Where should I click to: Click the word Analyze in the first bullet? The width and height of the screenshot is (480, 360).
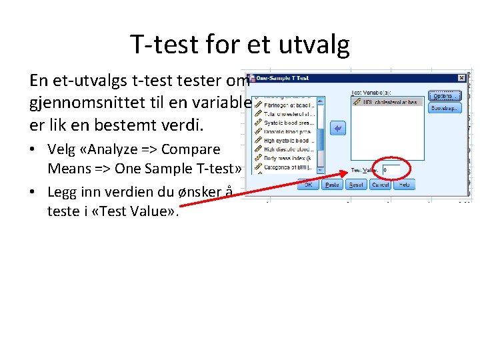(107, 149)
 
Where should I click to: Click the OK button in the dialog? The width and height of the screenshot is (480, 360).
(309, 184)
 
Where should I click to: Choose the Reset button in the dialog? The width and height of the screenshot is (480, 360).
(357, 184)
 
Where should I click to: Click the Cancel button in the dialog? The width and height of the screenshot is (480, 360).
(380, 184)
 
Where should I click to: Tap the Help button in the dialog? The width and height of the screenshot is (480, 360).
(404, 184)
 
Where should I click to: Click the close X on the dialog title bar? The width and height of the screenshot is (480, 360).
(461, 78)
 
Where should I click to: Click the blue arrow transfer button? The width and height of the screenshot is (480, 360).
(338, 129)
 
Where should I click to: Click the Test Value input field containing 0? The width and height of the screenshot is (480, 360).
(391, 170)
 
